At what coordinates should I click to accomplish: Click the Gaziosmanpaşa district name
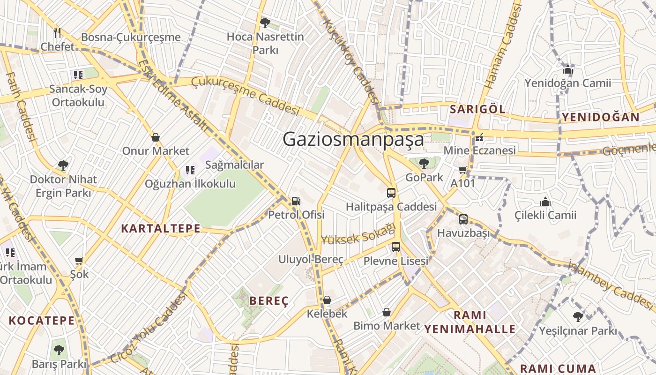(353, 139)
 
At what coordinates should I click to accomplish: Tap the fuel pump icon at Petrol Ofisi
(296, 201)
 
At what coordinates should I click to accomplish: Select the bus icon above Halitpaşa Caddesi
(391, 193)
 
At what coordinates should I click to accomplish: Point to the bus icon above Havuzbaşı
(463, 219)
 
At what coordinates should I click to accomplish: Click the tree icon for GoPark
(424, 164)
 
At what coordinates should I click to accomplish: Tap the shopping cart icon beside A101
(463, 170)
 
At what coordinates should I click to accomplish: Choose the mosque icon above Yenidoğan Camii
(568, 70)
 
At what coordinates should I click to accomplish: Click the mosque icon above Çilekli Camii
(545, 202)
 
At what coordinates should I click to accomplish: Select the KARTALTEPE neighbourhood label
(161, 229)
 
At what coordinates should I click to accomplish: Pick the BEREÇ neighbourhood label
(269, 301)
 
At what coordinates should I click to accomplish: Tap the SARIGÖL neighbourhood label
(477, 110)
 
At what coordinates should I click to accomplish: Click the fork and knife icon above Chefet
(58, 33)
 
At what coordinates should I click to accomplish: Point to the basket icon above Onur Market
(156, 137)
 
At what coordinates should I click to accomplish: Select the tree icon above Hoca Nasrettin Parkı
(265, 22)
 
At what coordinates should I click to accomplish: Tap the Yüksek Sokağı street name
(358, 234)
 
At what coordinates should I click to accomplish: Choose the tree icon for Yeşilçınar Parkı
(578, 317)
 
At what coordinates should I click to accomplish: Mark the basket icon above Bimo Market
(387, 312)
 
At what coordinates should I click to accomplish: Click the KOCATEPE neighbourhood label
(42, 321)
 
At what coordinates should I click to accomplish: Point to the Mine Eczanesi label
(479, 150)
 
